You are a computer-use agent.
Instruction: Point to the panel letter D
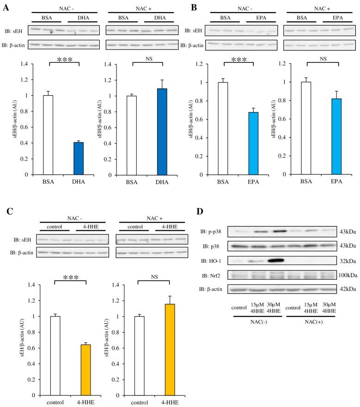[x=199, y=212]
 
